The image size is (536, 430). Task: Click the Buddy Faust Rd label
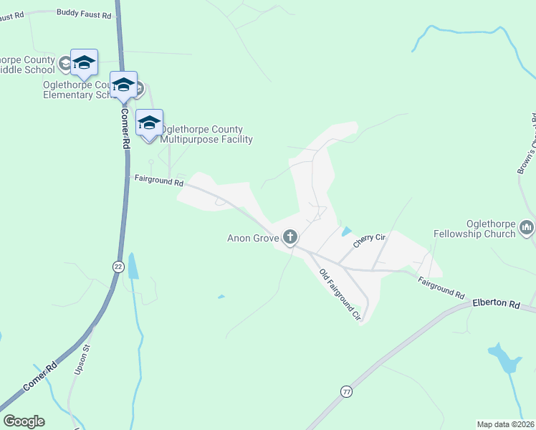84,14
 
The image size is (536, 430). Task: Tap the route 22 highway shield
118,266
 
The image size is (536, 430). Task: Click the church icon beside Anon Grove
290,236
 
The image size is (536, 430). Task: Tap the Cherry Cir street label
370,240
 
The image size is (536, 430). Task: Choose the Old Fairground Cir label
339,293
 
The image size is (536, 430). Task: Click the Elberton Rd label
496,304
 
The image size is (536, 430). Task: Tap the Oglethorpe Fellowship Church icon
527,228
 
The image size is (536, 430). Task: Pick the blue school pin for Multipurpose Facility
149,123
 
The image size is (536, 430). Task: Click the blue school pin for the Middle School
84,62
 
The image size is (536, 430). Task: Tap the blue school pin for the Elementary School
123,85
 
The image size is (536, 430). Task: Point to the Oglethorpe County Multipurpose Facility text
206,135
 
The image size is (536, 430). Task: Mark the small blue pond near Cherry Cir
347,231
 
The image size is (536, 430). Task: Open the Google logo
24,421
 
